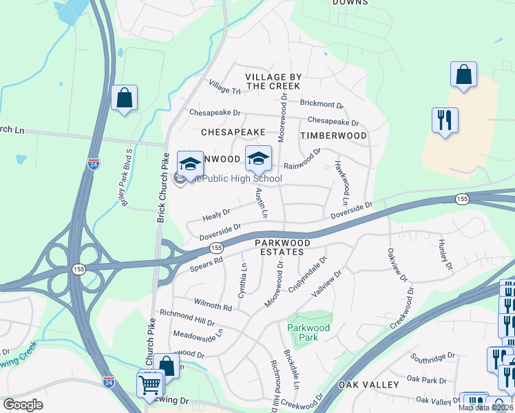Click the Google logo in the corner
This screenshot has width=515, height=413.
pos(23,405)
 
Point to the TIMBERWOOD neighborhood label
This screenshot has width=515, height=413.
pos(333,136)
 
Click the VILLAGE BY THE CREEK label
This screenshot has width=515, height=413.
pos(273,81)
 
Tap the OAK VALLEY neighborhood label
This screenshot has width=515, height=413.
pos(368,384)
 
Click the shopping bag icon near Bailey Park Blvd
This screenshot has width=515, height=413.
pos(124,98)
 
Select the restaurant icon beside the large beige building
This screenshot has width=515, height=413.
pos(445,120)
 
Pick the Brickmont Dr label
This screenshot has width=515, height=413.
pos(321,104)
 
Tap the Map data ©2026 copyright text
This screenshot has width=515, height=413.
pos(486,407)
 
